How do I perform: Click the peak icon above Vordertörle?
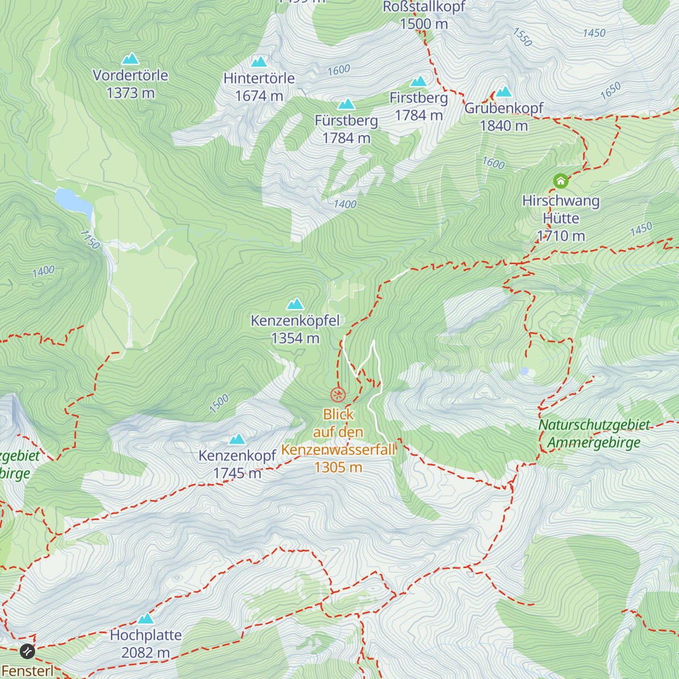pyautogui.click(x=131, y=59)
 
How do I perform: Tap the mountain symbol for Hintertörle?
pyautogui.click(x=259, y=62)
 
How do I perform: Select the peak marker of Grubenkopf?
pyautogui.click(x=504, y=92)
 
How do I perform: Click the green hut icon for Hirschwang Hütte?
pyautogui.click(x=560, y=181)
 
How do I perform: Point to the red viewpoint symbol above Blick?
pyautogui.click(x=338, y=394)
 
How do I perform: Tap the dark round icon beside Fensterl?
pyautogui.click(x=27, y=651)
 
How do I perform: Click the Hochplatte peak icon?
pyautogui.click(x=146, y=618)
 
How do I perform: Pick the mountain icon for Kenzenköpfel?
pyautogui.click(x=295, y=304)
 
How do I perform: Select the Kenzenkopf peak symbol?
pyautogui.click(x=237, y=439)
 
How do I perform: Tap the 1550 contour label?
pyautogui.click(x=522, y=37)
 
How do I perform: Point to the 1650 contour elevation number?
pyautogui.click(x=611, y=91)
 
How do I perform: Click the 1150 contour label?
pyautogui.click(x=90, y=239)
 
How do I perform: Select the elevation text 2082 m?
pyautogui.click(x=145, y=652)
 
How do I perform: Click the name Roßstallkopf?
pyautogui.click(x=424, y=7)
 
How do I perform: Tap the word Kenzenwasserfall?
pyautogui.click(x=338, y=450)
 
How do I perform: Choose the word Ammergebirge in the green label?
pyautogui.click(x=594, y=442)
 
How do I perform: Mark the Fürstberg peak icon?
pyautogui.click(x=346, y=104)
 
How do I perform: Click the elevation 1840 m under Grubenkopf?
pyautogui.click(x=504, y=126)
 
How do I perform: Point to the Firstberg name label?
pyautogui.click(x=419, y=98)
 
